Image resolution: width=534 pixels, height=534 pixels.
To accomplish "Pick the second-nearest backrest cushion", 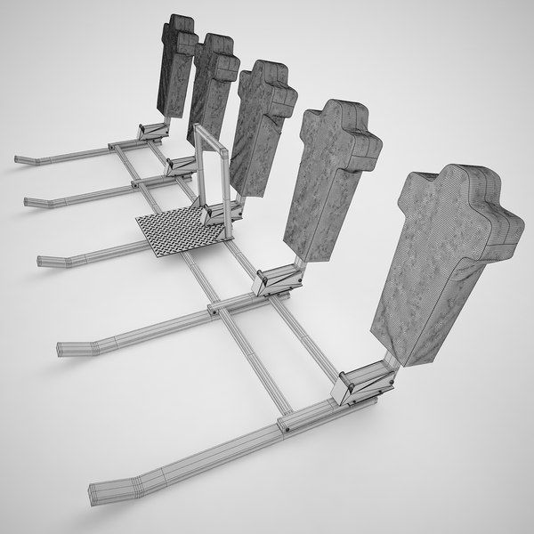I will coord(328,178).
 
